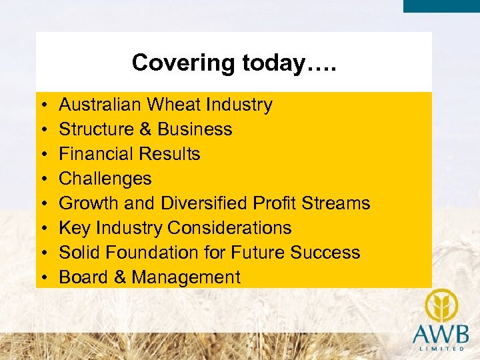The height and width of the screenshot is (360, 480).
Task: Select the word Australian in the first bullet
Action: [x=100, y=105]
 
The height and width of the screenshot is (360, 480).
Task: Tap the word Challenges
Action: [x=105, y=179]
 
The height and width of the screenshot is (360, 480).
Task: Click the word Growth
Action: [x=85, y=203]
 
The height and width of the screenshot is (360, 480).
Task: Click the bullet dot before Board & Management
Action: [x=42, y=277]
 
